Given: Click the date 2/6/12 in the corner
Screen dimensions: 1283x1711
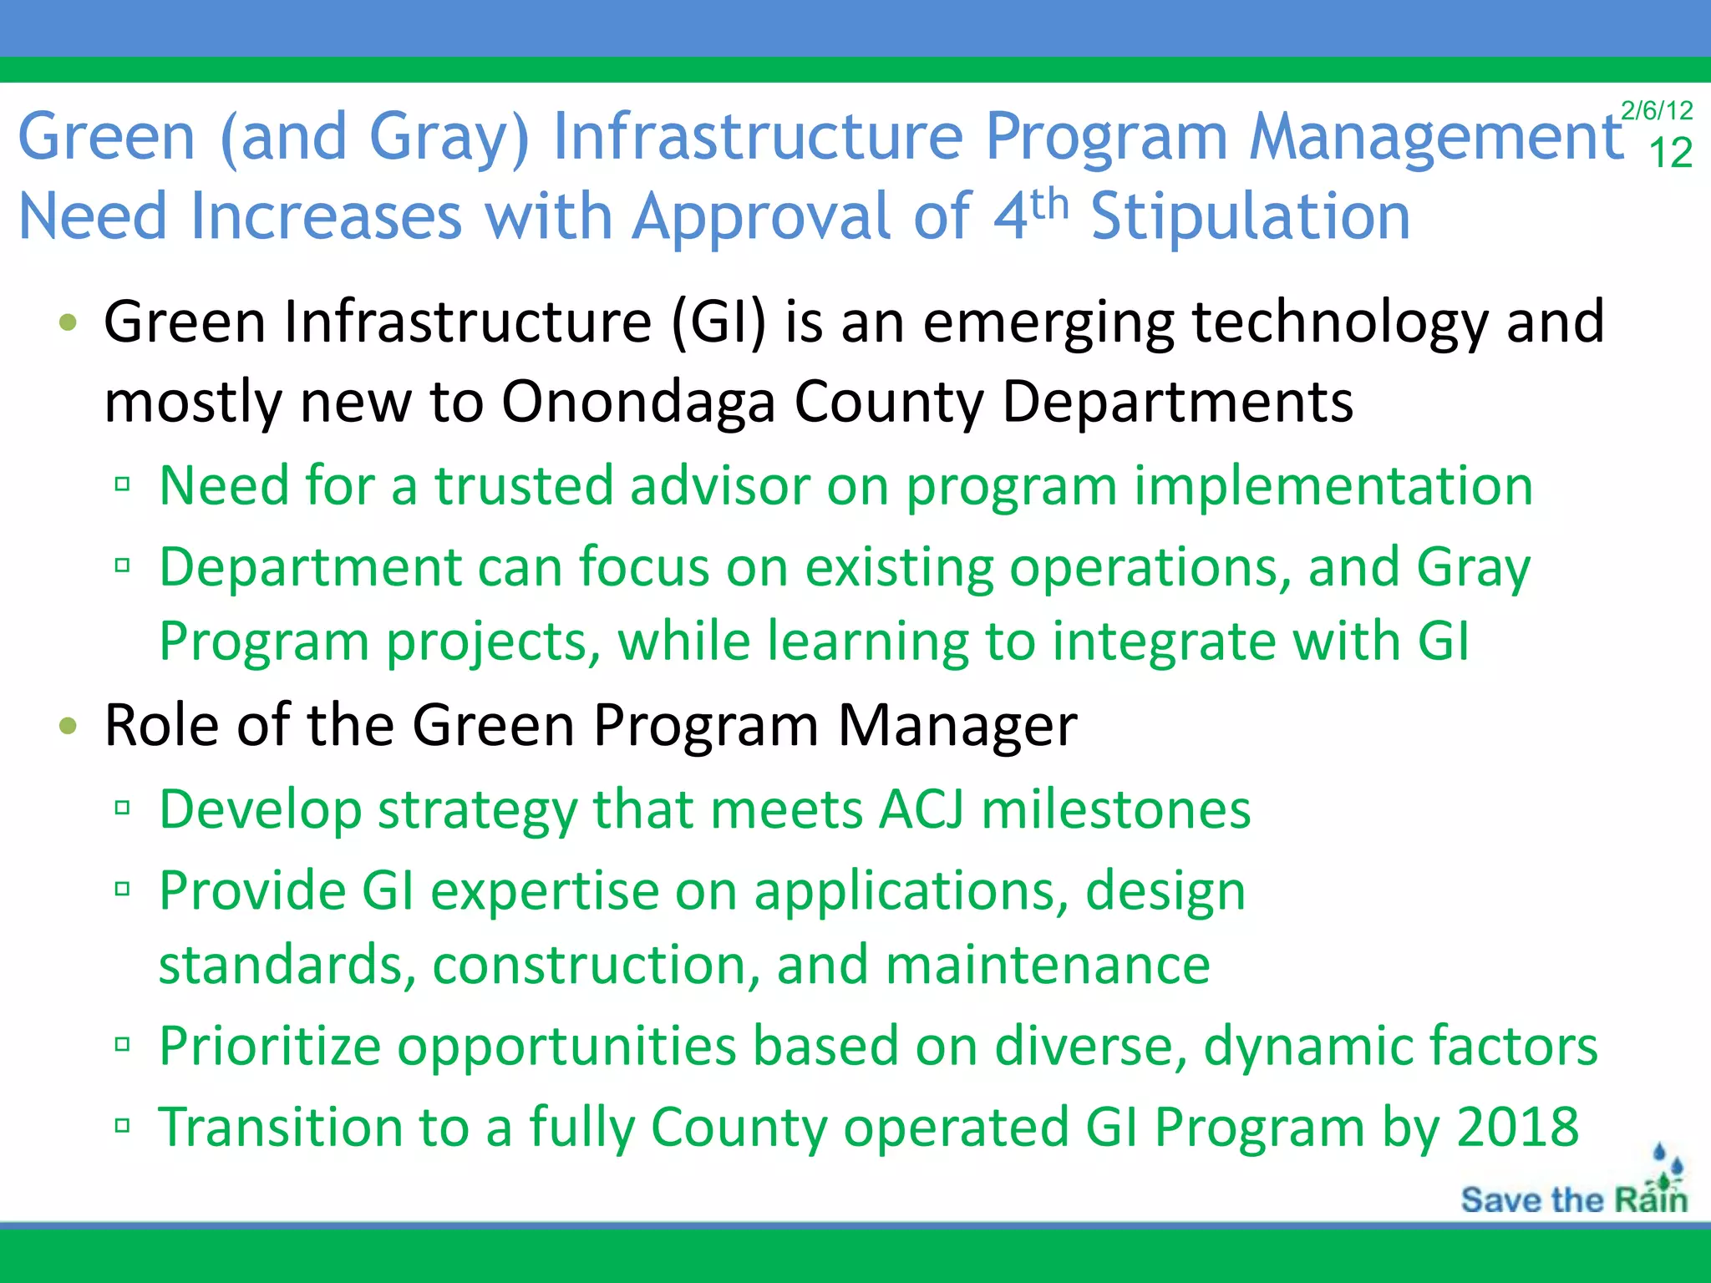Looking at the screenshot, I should (x=1656, y=110).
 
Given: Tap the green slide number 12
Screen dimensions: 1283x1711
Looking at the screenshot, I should (x=1670, y=154).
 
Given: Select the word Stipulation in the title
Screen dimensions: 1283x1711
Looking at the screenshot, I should (x=1251, y=216).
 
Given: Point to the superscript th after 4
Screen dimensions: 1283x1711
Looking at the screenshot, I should (x=1049, y=203).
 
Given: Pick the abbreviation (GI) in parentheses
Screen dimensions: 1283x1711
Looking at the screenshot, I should (x=719, y=322).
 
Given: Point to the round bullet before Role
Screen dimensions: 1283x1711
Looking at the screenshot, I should (x=69, y=726).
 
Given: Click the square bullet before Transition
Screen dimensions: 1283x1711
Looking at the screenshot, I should (x=123, y=1126).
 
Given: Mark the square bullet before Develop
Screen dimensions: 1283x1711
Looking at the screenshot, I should (x=123, y=808).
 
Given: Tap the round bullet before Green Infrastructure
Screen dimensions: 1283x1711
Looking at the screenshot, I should (x=69, y=322).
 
